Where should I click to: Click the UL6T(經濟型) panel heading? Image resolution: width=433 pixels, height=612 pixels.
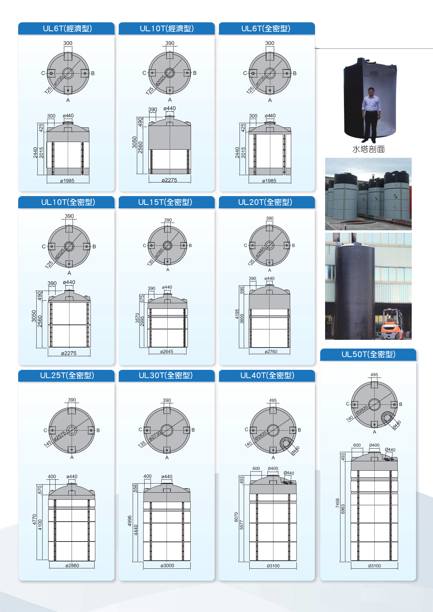67,29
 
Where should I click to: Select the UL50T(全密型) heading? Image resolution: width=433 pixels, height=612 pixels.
368,354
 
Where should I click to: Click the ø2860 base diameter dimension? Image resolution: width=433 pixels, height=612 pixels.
72,566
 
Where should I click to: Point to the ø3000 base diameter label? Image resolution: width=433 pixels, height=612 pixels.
167,566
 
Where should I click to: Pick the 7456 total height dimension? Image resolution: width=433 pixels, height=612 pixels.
338,503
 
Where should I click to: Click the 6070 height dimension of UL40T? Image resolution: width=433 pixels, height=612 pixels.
236,517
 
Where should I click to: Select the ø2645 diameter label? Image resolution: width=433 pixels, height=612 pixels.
167,352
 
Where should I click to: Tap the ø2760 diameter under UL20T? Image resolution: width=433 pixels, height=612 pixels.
271,352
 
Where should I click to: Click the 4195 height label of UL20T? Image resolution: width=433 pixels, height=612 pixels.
237,314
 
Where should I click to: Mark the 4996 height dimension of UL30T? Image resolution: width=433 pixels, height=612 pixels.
130,521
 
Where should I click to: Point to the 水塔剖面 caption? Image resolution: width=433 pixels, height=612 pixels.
368,149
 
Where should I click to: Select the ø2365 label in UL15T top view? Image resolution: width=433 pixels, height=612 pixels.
159,252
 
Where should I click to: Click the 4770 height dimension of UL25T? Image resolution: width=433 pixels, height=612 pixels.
35,520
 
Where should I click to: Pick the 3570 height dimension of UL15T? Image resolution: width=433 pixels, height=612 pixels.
137,318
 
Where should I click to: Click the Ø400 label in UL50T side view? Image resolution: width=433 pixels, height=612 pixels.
374,445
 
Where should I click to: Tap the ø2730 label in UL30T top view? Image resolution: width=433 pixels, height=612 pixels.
155,436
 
